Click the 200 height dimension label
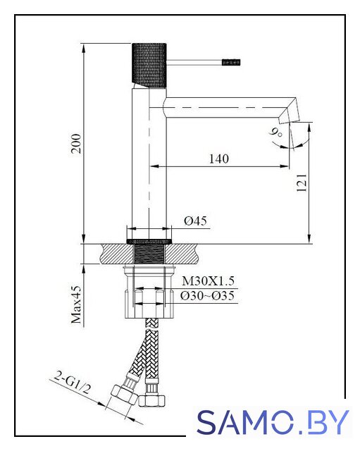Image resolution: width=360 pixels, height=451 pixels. (x=77, y=143)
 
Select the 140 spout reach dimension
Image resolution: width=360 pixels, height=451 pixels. (x=219, y=159)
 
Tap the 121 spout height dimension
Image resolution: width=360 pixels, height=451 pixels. (x=302, y=183)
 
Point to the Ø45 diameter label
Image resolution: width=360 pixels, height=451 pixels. (x=195, y=221)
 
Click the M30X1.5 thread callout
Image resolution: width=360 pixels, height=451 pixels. (x=208, y=281)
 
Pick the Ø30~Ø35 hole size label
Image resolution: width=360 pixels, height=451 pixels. (x=207, y=296)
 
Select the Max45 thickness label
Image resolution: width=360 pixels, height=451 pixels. (x=77, y=305)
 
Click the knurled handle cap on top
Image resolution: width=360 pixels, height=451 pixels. (x=149, y=65)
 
